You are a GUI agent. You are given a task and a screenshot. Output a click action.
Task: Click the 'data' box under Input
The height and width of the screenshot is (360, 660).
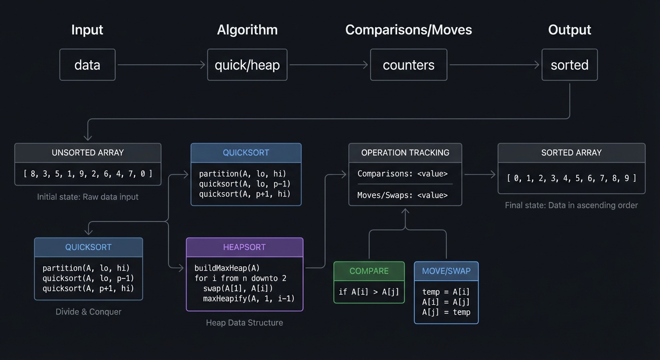pos(87,65)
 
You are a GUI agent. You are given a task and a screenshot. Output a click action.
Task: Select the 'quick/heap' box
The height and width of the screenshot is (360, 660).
pos(247,65)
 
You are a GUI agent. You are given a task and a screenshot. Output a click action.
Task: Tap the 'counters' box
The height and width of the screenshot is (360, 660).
pos(408,65)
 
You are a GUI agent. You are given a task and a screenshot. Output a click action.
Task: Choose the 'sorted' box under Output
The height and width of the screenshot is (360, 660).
pos(569,65)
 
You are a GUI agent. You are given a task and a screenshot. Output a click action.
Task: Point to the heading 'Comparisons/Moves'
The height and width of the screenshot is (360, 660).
pos(408,30)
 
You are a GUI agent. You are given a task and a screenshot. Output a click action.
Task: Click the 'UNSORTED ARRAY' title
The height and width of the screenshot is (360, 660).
pos(88,153)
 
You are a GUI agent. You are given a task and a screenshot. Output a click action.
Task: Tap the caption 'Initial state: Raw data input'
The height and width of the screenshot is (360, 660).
pos(88,197)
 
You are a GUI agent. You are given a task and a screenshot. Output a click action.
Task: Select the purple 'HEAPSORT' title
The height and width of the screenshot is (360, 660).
pos(244,247)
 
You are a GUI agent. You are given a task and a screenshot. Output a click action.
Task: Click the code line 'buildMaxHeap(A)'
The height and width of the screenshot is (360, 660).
pos(227,268)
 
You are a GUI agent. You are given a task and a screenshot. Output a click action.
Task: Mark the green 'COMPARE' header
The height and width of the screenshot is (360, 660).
pos(369,271)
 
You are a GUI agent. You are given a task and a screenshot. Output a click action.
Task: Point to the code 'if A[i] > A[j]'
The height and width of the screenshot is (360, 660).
pos(369,292)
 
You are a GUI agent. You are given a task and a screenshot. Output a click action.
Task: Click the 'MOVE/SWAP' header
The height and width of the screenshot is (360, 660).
pos(446,271)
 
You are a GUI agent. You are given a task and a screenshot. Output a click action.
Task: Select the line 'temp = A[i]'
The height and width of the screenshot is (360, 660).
pos(446,292)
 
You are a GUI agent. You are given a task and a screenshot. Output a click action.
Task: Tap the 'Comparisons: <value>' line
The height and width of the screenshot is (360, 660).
pos(402,174)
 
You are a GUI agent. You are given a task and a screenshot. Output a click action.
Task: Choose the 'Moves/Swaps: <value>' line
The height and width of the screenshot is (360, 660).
pos(402,195)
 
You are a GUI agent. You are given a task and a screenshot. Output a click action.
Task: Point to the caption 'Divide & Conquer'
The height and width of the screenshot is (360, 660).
pos(88,312)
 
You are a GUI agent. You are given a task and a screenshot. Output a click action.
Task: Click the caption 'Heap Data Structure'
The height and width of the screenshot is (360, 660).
pos(244,322)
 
